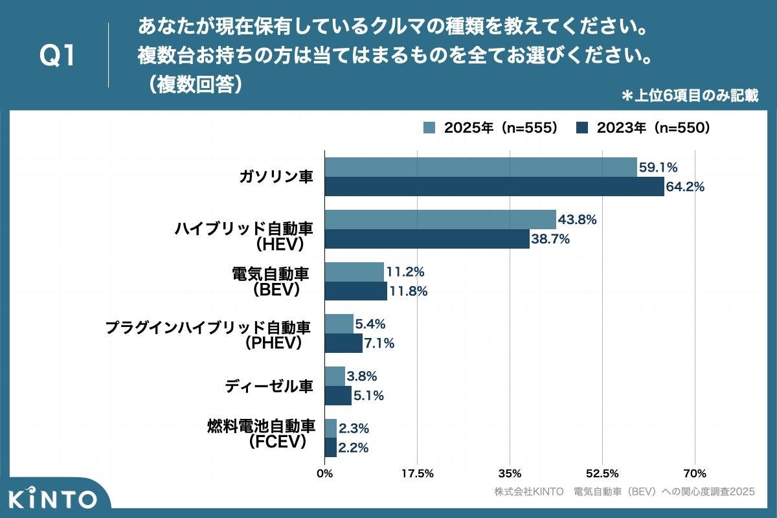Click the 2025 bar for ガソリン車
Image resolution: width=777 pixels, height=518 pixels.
(x=480, y=167)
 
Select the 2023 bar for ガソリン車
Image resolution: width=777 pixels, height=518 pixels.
(x=494, y=186)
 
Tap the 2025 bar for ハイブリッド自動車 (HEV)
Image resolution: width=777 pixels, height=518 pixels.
(x=440, y=220)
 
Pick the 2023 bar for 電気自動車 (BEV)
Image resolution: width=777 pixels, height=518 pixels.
(x=355, y=291)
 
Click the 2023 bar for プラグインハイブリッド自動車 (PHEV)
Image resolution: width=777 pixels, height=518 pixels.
(x=343, y=343)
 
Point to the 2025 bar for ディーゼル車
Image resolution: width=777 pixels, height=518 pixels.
(x=335, y=376)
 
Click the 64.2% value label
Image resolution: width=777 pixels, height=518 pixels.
(x=686, y=187)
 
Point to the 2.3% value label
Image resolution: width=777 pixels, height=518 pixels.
(x=354, y=428)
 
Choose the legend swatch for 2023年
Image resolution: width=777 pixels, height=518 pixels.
(x=582, y=128)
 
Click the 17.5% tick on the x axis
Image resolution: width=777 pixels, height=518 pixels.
(x=417, y=473)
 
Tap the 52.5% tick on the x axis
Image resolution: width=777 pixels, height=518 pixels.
(x=602, y=473)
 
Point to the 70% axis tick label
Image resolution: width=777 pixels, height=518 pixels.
(x=695, y=473)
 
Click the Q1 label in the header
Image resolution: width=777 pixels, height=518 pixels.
(x=58, y=56)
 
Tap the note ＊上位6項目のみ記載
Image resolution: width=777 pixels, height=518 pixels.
(x=690, y=96)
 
